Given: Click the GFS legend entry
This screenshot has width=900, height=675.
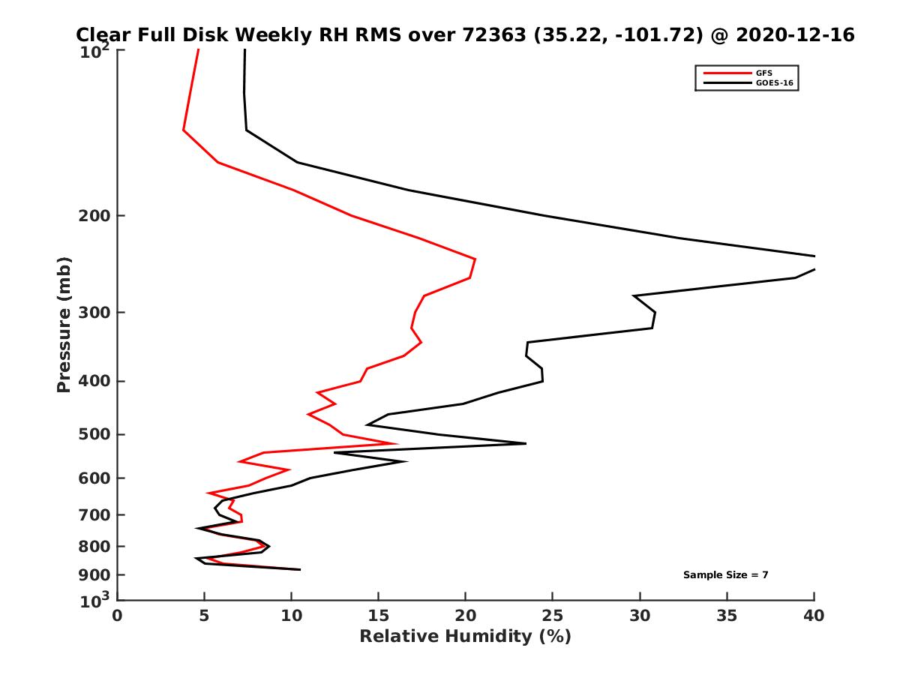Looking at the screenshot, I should point(763,73).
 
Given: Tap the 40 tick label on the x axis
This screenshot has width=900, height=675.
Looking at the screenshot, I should point(814,616).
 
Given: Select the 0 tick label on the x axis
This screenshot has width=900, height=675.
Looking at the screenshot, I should point(118,616).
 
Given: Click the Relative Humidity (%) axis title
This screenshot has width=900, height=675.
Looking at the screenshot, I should point(466,637).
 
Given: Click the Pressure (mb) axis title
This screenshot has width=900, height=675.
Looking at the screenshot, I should point(64,325).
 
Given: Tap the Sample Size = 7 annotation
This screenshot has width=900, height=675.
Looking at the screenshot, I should point(725,575).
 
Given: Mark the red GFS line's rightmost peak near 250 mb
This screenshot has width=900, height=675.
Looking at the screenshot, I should point(475,259).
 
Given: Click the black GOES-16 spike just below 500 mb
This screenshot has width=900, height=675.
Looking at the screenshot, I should point(525,443).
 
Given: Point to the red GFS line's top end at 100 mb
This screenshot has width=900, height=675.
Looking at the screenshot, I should point(198,50).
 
